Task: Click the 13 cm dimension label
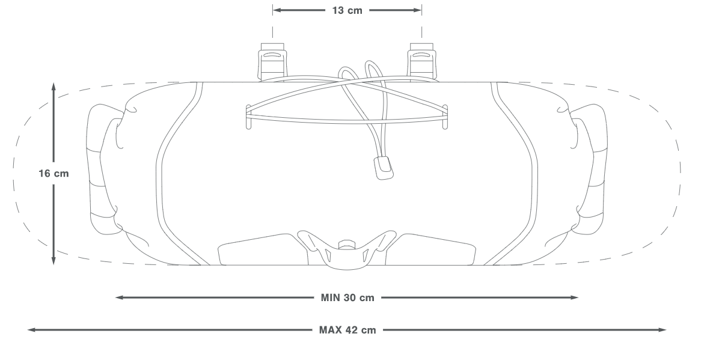point(347,10)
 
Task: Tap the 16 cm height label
point(54,174)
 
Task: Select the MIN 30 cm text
point(347,297)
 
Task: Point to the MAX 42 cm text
point(347,330)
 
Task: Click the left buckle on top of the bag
point(272,62)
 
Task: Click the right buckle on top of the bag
point(422,62)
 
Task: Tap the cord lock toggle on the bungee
point(383,168)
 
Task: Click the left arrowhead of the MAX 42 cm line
point(32,330)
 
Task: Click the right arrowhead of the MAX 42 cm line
point(661,330)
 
